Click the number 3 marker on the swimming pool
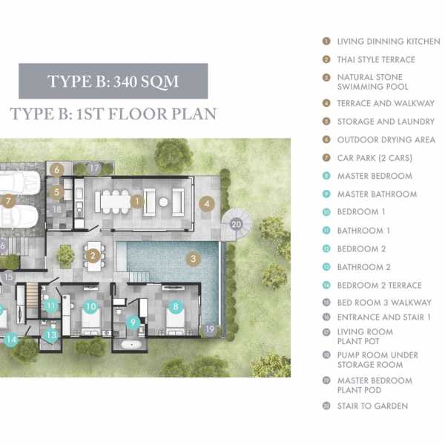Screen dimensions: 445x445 click(194, 259)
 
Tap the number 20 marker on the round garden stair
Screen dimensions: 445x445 click(236, 224)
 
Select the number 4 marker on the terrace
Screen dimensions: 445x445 click(207, 203)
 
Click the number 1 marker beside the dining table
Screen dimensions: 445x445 click(137, 202)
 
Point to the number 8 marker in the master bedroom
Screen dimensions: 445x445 click(176, 306)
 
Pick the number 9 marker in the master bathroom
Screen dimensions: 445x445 click(133, 323)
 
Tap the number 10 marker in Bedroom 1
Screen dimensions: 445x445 click(91, 306)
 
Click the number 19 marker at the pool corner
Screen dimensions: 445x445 click(209, 329)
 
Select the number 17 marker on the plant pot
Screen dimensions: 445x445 click(94, 168)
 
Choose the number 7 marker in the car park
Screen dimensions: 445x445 click(8, 201)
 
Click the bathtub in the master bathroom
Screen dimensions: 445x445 click(131, 345)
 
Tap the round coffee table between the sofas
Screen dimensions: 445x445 click(163, 202)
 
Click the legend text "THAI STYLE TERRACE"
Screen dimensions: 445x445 click(376, 59)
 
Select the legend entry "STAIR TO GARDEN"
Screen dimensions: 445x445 click(372, 406)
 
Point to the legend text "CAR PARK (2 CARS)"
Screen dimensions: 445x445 click(375, 158)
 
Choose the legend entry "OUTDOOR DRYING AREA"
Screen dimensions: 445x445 click(386, 139)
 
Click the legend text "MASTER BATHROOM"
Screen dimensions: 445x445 click(378, 194)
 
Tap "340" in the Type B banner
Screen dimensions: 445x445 click(125, 82)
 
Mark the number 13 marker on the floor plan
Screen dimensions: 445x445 click(52, 335)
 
